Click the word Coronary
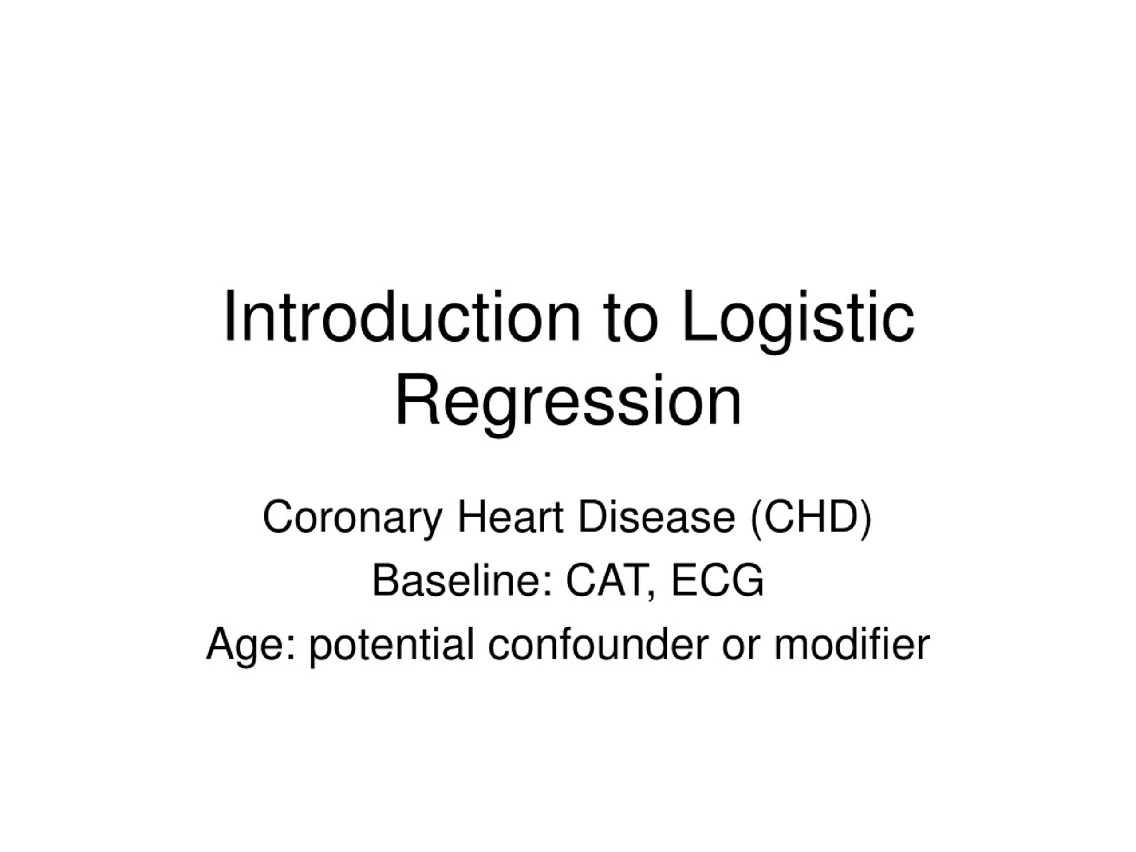point(352,518)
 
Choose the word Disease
point(657,518)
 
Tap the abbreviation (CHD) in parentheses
point(811,518)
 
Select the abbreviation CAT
point(606,580)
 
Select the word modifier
point(852,644)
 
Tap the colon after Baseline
point(548,585)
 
